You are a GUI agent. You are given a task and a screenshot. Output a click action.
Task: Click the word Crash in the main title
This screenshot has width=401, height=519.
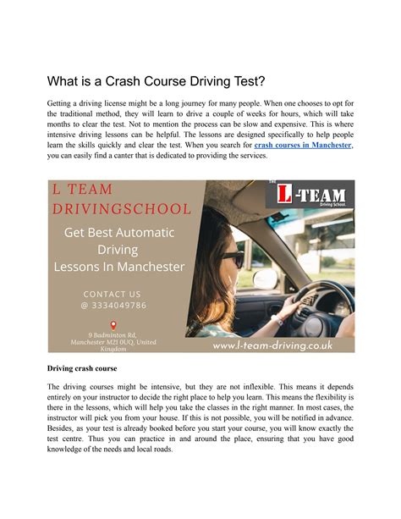[x=129, y=82]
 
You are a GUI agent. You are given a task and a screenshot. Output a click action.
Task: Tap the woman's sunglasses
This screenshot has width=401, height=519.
[x=233, y=258]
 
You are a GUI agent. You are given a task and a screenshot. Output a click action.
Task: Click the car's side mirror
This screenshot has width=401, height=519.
[x=266, y=279]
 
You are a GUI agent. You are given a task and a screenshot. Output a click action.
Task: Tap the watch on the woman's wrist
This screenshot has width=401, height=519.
[x=277, y=319]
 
